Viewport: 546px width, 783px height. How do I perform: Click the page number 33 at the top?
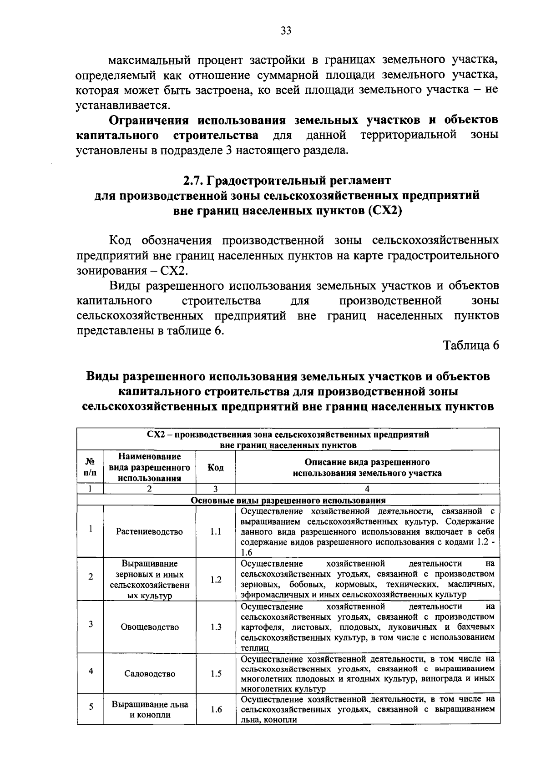pos(286,30)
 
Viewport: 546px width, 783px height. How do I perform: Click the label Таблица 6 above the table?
pos(471,345)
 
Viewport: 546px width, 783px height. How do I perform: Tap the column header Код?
pos(215,467)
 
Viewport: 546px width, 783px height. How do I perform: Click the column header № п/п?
pos(90,467)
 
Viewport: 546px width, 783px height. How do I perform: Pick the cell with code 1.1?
pos(216,531)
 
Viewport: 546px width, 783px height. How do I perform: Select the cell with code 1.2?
pos(216,579)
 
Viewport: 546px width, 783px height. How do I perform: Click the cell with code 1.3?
pos(216,627)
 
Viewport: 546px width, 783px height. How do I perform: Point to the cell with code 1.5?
pos(216,674)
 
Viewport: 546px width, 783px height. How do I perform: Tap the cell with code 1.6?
pos(216,709)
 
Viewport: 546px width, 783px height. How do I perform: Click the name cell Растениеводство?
pos(149,531)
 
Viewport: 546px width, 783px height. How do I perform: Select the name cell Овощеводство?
pos(149,627)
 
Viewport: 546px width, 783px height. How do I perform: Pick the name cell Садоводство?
pos(149,674)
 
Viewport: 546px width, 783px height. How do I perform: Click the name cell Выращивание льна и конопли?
pos(150,709)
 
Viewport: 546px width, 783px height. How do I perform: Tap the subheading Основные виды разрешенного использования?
pos(288,500)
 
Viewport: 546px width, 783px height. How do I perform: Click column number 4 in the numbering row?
pos(367,489)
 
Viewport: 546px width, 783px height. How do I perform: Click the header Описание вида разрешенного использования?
pos(367,467)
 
